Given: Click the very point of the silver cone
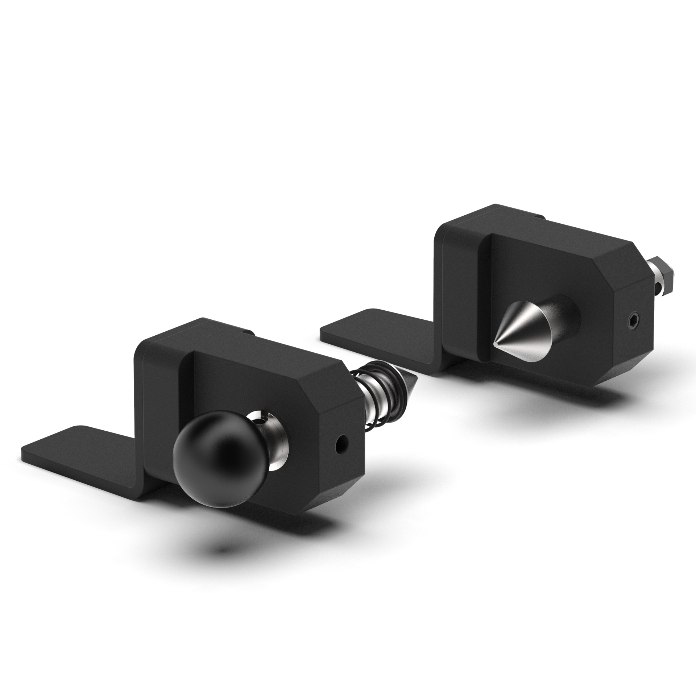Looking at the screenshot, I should point(494,343).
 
